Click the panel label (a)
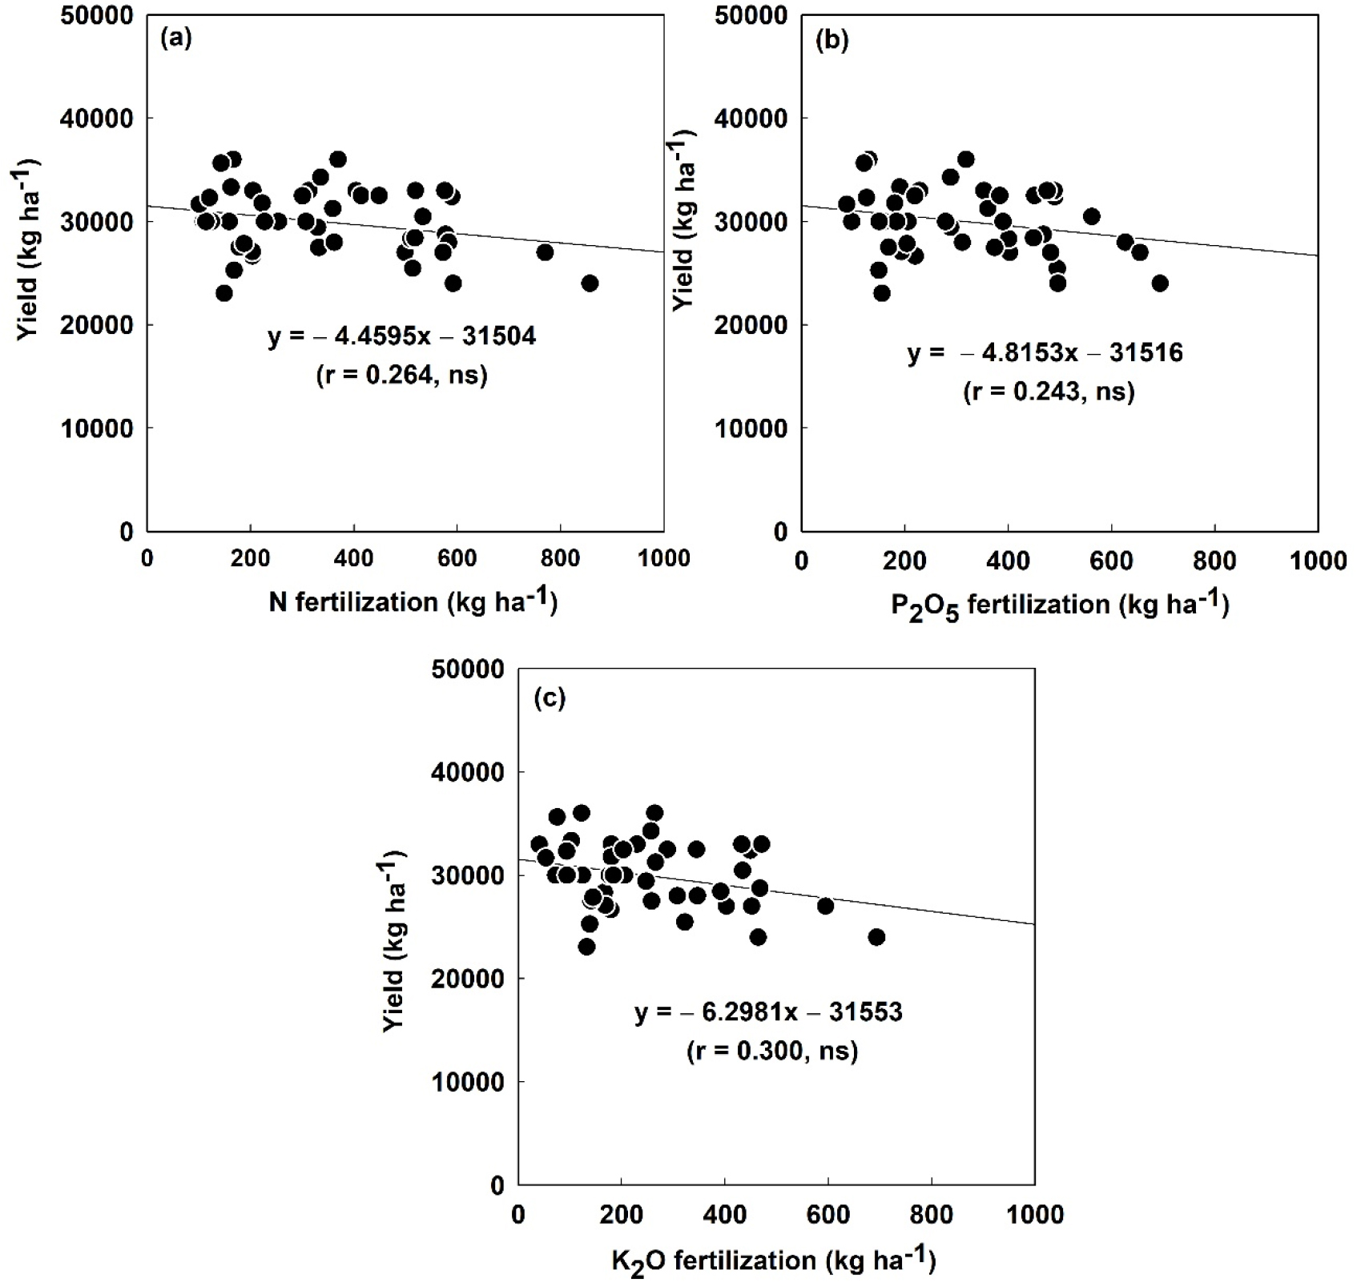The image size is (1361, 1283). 176,38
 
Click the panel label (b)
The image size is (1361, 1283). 831,38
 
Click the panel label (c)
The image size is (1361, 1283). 550,698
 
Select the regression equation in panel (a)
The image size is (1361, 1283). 401,336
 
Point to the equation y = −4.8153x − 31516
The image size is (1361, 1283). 1045,352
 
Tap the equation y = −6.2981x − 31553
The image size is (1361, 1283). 768,1012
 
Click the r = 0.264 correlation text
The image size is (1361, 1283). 401,375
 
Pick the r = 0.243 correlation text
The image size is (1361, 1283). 1049,392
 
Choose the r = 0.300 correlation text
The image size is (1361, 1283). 771,1051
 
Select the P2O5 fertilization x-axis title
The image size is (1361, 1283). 1060,604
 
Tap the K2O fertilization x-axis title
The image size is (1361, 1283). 773,1261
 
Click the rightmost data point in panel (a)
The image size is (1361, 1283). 590,284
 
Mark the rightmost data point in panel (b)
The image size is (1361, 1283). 1160,284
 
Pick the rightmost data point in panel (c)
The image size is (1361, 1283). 876,937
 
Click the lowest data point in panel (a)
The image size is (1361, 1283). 224,293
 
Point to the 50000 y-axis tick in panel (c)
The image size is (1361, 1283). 467,670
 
